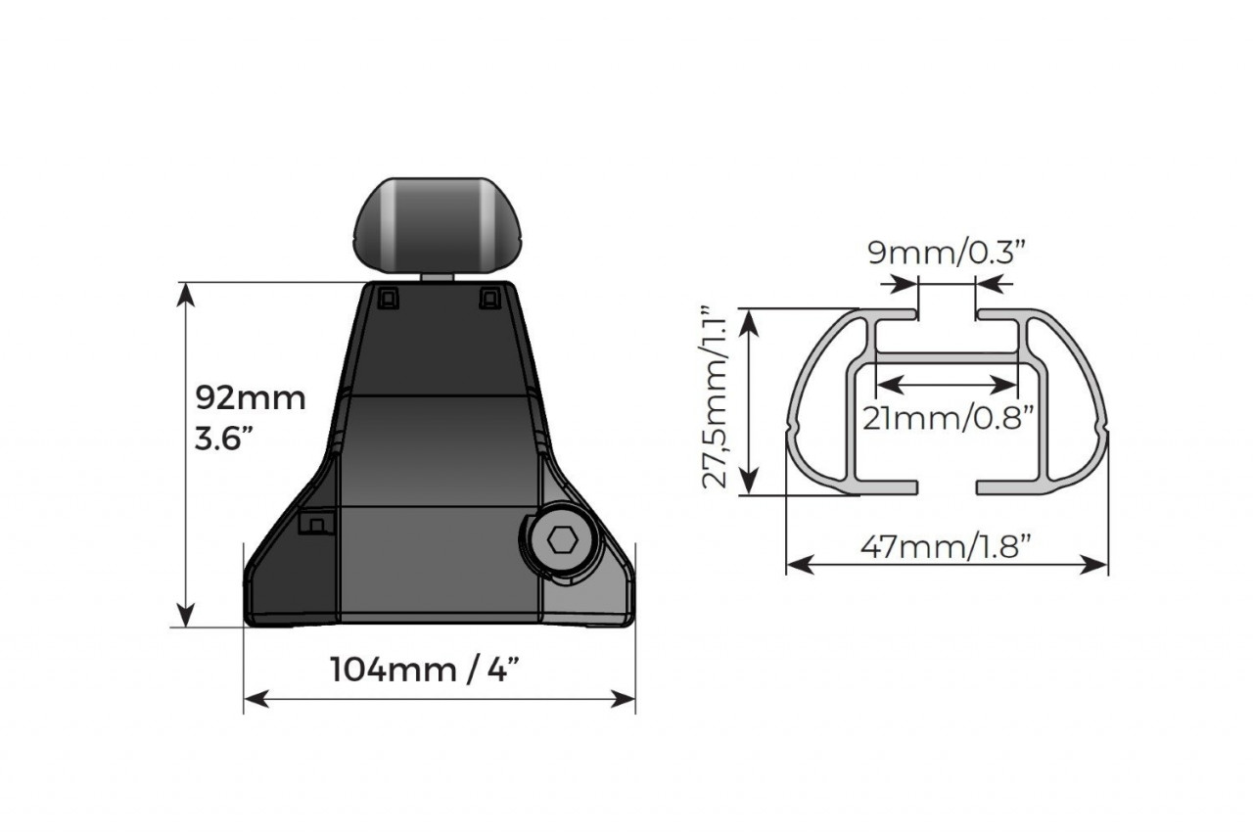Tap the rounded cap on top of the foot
point(438,224)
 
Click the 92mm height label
point(251,398)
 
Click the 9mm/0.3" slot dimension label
point(947,253)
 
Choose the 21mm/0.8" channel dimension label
point(948,418)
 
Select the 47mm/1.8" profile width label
point(947,546)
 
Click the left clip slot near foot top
point(388,298)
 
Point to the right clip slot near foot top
point(488,298)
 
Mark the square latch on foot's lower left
point(315,523)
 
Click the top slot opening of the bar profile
point(947,315)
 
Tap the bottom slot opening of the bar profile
point(947,487)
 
